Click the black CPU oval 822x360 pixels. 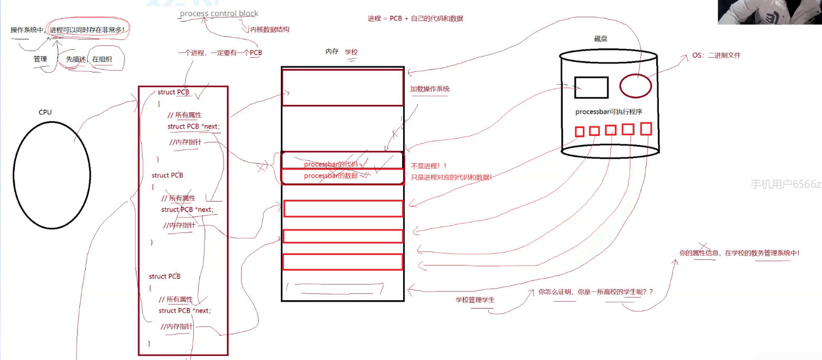point(51,175)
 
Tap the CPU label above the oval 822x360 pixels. point(46,112)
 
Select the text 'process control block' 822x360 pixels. point(219,14)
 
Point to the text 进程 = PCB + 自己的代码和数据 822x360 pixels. point(415,18)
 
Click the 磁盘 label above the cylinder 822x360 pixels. point(601,39)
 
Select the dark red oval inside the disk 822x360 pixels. point(636,86)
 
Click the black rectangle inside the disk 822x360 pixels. point(591,88)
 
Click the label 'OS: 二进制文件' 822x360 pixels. point(716,55)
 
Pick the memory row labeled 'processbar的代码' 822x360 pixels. point(342,161)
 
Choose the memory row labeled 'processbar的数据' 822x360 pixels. point(342,176)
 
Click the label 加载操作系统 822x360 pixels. point(430,89)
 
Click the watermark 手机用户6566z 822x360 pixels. point(785,184)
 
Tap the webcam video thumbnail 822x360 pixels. point(770,12)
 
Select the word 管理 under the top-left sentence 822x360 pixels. point(40,59)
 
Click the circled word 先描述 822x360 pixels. point(76,59)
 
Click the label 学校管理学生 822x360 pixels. point(475,300)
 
